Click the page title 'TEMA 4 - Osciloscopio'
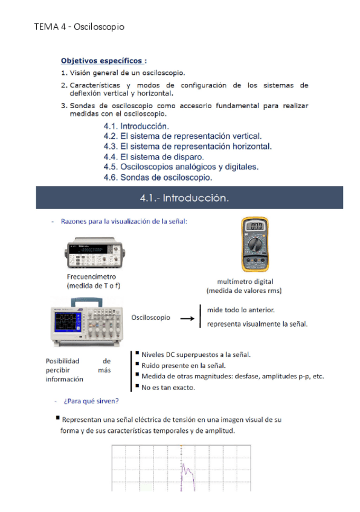coord(79,27)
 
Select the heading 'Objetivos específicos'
coord(101,61)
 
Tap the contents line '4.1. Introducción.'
coord(137,126)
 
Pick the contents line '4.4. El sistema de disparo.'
coord(153,157)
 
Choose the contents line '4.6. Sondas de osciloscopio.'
coord(158,178)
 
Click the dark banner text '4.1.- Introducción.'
coord(184,198)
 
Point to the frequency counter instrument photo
coord(95,253)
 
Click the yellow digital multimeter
coord(255,245)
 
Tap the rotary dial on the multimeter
coord(255,244)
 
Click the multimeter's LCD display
coord(255,226)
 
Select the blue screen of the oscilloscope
coord(68,321)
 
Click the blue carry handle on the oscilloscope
coord(86,302)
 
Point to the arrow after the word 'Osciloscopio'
coord(187,318)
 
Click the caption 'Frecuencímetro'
coord(91,277)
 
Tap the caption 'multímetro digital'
coord(245,281)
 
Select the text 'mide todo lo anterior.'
coord(241,310)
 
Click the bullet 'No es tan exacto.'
coord(168,388)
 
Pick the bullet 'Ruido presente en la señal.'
coord(183,365)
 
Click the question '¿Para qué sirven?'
coord(91,401)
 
